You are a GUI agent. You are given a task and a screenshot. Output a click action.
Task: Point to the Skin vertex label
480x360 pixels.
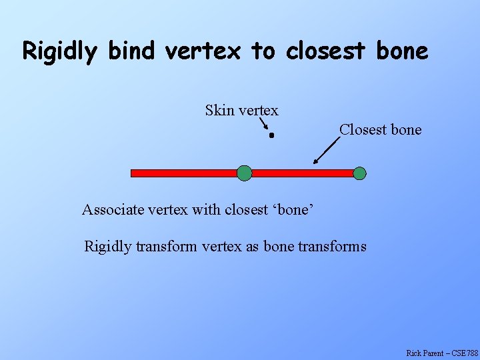[x=241, y=110]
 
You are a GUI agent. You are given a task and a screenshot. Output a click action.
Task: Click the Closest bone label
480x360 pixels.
[x=380, y=129]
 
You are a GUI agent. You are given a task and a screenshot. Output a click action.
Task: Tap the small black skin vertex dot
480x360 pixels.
[x=272, y=135]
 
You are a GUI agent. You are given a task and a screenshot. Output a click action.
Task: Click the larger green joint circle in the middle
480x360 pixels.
[x=245, y=173]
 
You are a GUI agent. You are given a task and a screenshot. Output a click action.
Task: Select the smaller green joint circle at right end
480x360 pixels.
[x=359, y=173]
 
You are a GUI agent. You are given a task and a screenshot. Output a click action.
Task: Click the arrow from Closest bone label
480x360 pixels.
[x=326, y=151]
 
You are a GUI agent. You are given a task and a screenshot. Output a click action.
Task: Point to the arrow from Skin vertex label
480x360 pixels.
[x=263, y=123]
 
